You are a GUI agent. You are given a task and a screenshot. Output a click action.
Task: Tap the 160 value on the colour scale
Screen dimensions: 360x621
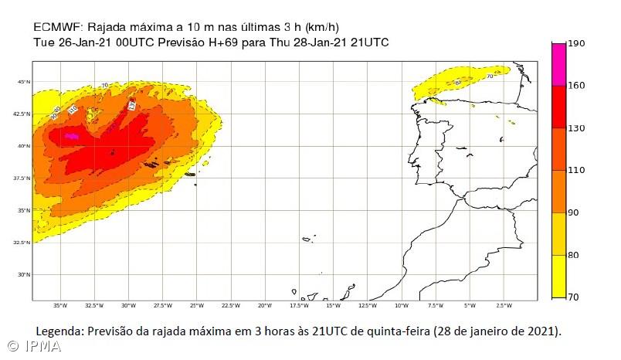[576, 85]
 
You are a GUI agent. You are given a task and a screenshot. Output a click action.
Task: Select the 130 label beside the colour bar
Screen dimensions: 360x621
[576, 127]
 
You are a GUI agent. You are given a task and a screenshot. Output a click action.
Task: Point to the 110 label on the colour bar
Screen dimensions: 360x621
[576, 170]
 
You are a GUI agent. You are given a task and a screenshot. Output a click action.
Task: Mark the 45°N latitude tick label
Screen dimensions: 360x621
[24, 81]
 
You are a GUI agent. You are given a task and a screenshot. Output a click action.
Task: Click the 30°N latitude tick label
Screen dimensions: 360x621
[24, 274]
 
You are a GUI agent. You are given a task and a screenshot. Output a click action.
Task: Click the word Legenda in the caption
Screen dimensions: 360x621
[59, 331]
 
